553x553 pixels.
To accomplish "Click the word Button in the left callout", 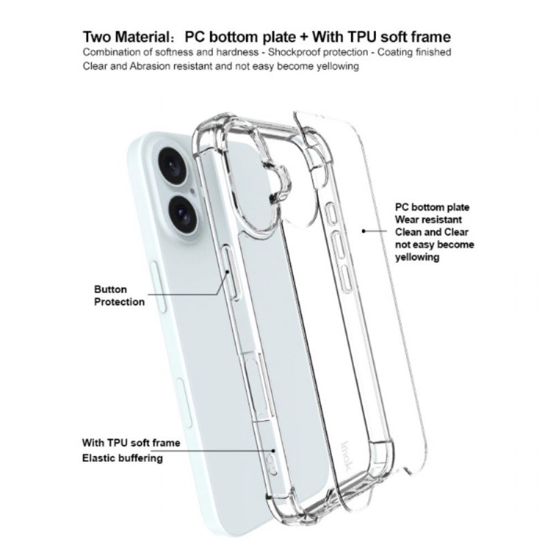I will tap(111, 289).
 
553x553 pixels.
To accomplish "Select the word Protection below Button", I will tap(119, 302).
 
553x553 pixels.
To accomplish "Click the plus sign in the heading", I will tap(303, 37).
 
